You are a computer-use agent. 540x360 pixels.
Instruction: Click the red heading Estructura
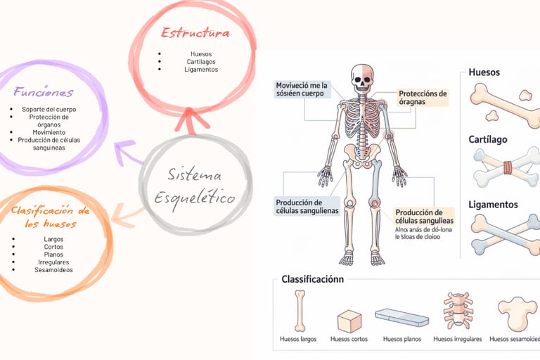pos(195,32)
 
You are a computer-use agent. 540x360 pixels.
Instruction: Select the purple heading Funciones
pos(43,92)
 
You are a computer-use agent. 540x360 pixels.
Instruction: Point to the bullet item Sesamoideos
pos(53,270)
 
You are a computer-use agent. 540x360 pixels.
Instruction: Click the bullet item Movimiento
pos(49,132)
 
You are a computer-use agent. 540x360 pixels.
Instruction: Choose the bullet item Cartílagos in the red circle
pos(201,62)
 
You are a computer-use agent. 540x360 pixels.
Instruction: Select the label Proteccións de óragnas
pos(422,98)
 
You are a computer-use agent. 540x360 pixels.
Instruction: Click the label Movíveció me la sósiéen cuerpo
pos(303,89)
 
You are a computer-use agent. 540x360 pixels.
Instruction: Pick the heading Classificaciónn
pos(313,279)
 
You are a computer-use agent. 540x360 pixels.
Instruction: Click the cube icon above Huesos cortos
pos(349,321)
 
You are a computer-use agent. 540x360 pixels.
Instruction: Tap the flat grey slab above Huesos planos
pos(401,317)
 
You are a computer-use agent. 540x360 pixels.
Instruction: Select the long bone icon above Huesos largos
pos(299,311)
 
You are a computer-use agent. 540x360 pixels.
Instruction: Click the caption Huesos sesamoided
pos(514,339)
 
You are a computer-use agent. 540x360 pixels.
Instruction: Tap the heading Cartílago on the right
pos(487,140)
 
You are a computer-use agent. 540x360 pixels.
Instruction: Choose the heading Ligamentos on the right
pos(493,205)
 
